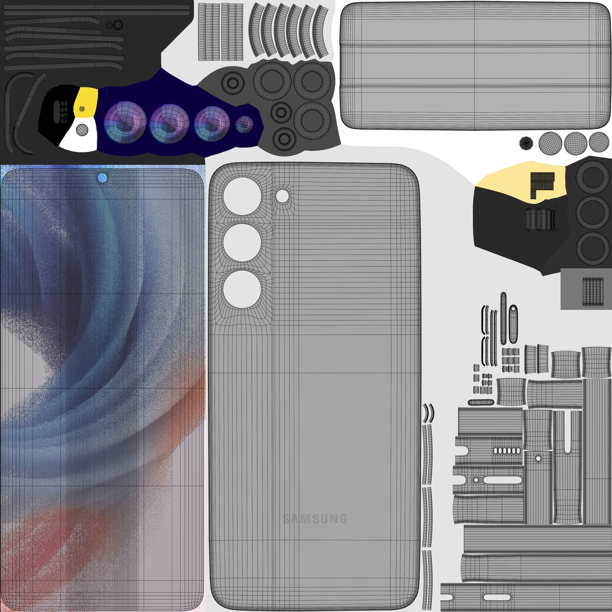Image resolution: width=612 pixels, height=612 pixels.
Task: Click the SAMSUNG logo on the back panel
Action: point(314,518)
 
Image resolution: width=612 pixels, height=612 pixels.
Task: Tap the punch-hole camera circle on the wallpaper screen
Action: point(102,177)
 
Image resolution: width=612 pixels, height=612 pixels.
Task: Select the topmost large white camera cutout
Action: point(242,196)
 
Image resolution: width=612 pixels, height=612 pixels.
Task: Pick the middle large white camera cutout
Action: point(242,243)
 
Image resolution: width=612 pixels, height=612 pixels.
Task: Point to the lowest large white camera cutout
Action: point(242,289)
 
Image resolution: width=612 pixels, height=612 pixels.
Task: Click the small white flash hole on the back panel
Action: point(282,196)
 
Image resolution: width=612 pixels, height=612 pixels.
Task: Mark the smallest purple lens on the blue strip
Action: point(244,124)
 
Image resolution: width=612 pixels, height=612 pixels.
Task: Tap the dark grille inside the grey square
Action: point(593,291)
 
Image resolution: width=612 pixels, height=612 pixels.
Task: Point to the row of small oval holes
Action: point(505,450)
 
